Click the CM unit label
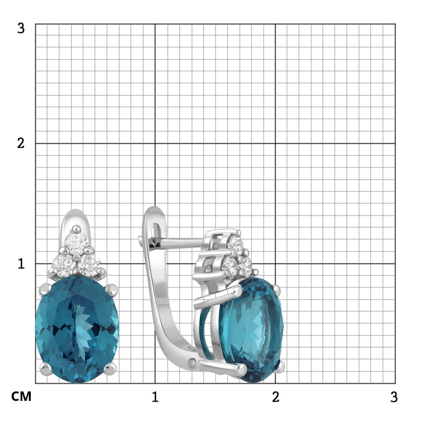(x=21, y=396)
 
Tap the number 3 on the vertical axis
(x=21, y=28)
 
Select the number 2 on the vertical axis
(x=21, y=143)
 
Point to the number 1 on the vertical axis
(x=21, y=264)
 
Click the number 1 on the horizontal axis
(x=155, y=397)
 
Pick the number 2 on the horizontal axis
(x=275, y=397)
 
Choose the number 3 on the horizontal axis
(x=394, y=397)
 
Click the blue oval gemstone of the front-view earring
(x=77, y=329)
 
